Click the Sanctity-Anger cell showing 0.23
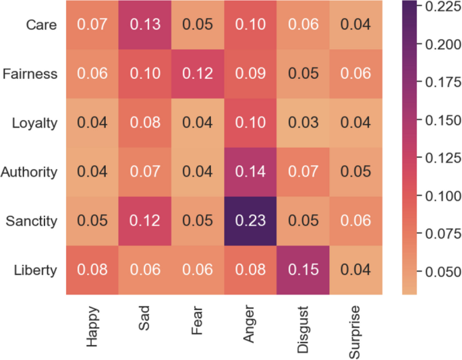(250, 221)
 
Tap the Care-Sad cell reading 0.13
(145, 25)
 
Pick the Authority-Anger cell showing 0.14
(250, 172)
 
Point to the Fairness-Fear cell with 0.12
(198, 74)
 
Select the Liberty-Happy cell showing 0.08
(92, 270)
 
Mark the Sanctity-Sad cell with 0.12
(145, 221)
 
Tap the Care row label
(42, 25)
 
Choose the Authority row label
(29, 172)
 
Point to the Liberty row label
(36, 270)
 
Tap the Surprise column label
(355, 331)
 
